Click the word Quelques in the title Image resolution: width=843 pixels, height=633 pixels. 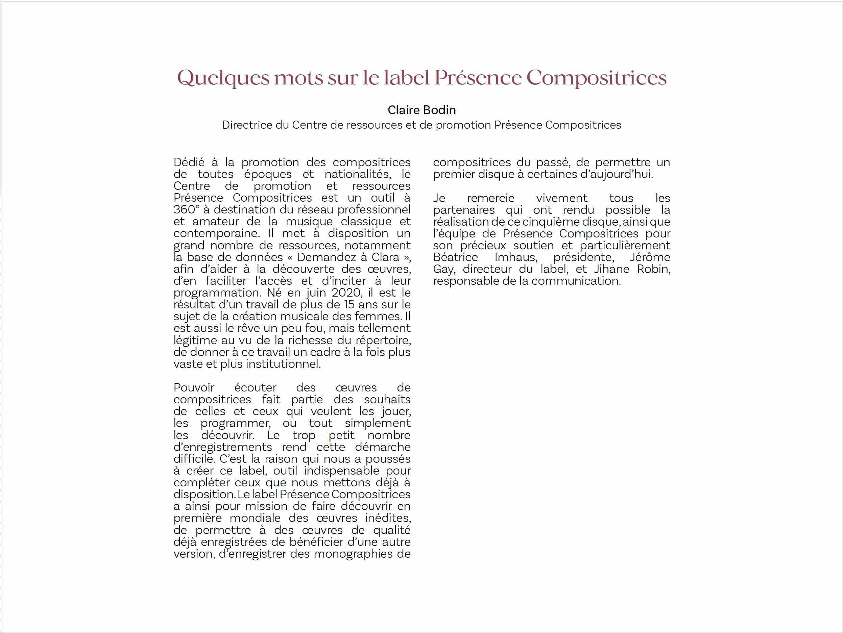coord(223,78)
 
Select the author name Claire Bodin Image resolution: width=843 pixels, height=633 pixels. coord(421,110)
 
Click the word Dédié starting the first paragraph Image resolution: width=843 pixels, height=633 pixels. coord(189,162)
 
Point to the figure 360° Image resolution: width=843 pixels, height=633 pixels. coord(186,210)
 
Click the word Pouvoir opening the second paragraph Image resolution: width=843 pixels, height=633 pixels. coord(194,388)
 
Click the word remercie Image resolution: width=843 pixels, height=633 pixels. coord(490,198)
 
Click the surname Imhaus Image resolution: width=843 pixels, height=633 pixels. coord(515,257)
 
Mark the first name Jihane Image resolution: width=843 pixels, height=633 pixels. coord(611,269)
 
